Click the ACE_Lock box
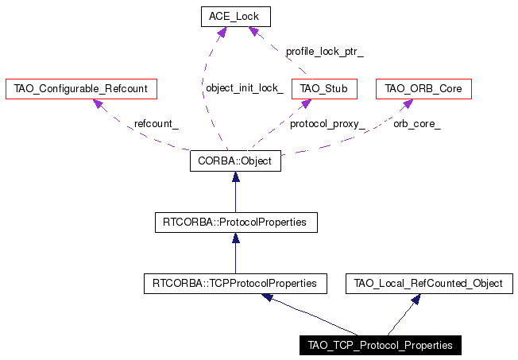236,17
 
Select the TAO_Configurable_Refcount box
81,88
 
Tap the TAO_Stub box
324,88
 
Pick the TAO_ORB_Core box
423,88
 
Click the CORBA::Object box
235,161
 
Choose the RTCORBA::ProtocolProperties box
236,223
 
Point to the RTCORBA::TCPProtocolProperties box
235,284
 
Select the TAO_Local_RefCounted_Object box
429,284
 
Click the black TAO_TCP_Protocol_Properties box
381,346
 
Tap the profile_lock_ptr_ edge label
325,52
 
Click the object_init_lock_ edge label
245,88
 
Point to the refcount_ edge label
157,124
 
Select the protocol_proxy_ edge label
327,124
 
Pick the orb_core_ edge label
417,124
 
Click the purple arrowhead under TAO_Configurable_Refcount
99,103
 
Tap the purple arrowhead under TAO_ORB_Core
408,103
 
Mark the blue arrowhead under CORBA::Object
235,177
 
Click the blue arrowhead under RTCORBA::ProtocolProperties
235,238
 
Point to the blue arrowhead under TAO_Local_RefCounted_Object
416,299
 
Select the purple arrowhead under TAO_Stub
306,103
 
